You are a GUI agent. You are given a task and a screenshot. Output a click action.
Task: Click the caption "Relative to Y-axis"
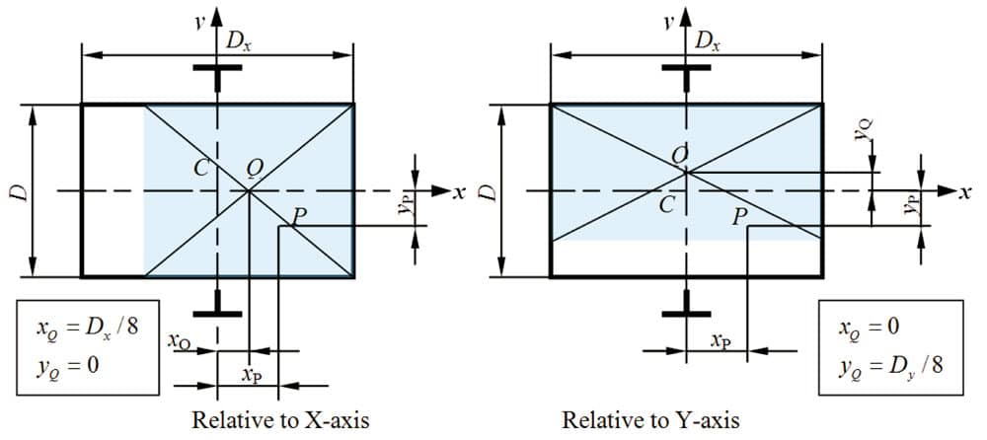tap(650, 420)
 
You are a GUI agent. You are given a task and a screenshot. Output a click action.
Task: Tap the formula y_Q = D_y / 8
tap(890, 367)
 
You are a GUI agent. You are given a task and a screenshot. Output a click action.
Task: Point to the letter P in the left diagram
tap(300, 216)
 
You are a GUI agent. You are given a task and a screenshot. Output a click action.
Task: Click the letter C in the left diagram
tap(202, 168)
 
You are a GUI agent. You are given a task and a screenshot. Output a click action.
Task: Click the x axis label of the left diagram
tap(460, 192)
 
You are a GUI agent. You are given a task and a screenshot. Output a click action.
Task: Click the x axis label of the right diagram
tap(963, 192)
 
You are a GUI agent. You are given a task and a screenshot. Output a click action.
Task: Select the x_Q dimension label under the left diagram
tap(180, 341)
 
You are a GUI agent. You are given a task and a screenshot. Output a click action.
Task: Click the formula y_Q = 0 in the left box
tap(67, 366)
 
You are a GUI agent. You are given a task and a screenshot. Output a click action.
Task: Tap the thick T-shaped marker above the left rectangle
tap(217, 74)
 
